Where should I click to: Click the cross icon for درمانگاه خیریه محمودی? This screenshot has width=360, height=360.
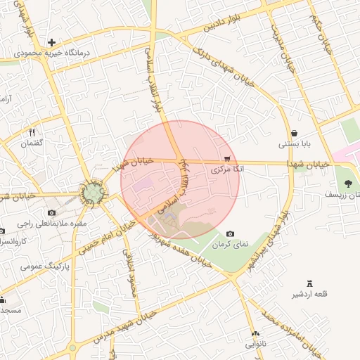pyautogui.click(x=51, y=43)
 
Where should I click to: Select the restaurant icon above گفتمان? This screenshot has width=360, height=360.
pyautogui.click(x=32, y=132)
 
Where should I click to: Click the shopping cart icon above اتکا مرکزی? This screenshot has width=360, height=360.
pyautogui.click(x=226, y=160)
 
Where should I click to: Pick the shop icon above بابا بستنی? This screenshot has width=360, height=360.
pyautogui.click(x=293, y=134)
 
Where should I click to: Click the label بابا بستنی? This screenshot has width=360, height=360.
pyautogui.click(x=293, y=144)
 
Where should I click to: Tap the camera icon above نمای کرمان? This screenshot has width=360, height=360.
pyautogui.click(x=230, y=234)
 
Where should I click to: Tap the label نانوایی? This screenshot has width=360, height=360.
pyautogui.click(x=256, y=345)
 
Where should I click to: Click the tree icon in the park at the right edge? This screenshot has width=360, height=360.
pyautogui.click(x=349, y=184)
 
